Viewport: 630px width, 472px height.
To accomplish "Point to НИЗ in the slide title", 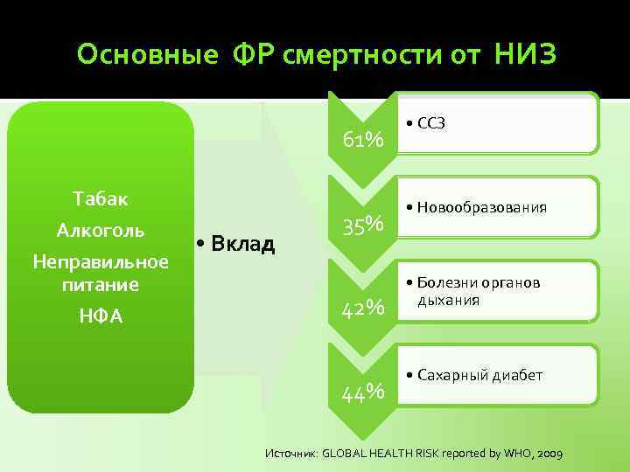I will (x=524, y=55).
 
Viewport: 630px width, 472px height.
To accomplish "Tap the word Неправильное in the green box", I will (x=100, y=262).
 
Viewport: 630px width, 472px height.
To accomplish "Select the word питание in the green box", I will (x=101, y=284).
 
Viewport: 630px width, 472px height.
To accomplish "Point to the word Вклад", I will (x=241, y=242).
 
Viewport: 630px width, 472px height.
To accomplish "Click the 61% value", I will (x=363, y=141).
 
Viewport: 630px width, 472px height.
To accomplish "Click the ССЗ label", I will (x=431, y=123).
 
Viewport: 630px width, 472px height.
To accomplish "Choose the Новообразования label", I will (x=482, y=207).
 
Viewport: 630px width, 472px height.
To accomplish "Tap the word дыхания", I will (x=447, y=300).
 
